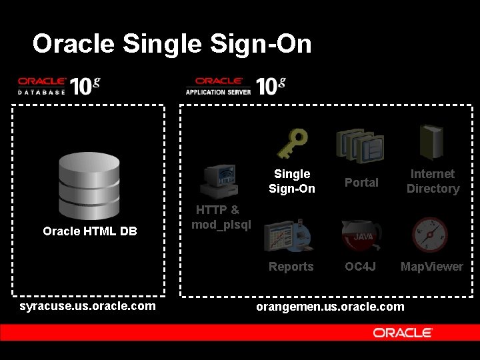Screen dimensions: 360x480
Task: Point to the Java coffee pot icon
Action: (362, 235)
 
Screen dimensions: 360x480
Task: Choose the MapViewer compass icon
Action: (429, 235)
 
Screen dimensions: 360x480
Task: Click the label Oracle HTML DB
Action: (90, 231)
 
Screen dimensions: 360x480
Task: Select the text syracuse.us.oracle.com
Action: (88, 306)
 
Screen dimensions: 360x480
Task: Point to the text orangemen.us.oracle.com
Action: (330, 306)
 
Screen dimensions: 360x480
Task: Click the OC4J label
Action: (361, 267)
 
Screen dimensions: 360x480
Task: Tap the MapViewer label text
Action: (431, 267)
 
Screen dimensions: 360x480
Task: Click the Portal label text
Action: (361, 182)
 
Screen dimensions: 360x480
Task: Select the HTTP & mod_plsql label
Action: (221, 217)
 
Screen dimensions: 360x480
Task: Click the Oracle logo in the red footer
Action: (403, 333)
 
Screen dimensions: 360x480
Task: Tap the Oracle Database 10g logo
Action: (59, 86)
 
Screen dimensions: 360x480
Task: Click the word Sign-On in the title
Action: (261, 44)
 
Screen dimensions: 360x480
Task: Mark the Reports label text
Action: (291, 267)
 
